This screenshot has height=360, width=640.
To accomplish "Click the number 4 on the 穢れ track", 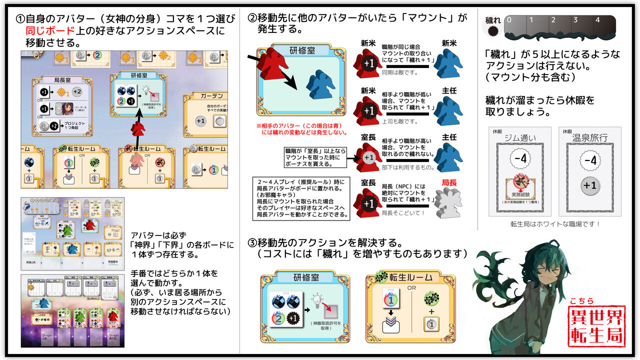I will tap(597, 20).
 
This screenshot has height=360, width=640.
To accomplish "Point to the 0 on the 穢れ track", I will tap(509, 20).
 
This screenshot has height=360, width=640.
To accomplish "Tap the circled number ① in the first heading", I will tap(20, 19).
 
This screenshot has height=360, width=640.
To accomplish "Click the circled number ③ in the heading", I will tap(253, 243).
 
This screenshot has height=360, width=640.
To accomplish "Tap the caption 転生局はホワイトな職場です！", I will tap(554, 224).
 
